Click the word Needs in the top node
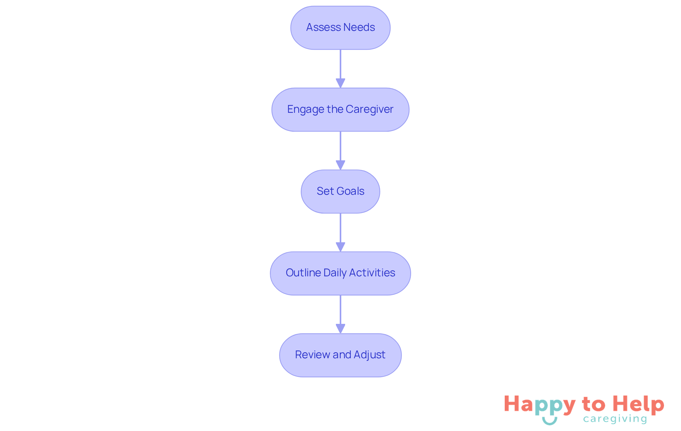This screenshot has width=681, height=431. point(359,27)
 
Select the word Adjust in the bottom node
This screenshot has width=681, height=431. point(369,355)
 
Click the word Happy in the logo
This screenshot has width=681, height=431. point(539,405)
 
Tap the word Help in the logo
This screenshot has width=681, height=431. point(638,404)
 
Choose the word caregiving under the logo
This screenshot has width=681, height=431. point(615,419)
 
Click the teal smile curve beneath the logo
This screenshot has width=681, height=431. point(549,421)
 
